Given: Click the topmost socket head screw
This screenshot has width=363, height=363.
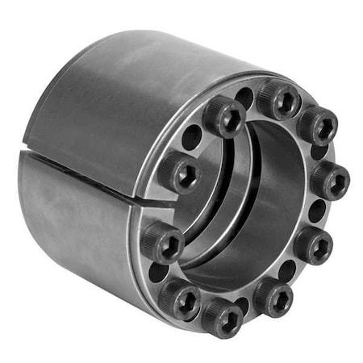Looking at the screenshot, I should coord(278,99).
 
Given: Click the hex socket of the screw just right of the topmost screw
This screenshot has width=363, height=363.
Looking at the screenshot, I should coord(317,125).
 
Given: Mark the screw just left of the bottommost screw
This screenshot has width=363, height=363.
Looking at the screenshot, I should coord(178,298).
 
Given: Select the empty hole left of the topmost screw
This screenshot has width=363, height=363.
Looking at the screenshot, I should coord(245,97).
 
